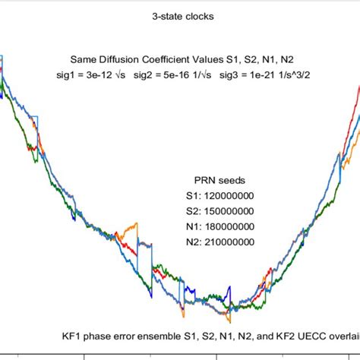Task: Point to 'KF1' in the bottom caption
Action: pos(73,334)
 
